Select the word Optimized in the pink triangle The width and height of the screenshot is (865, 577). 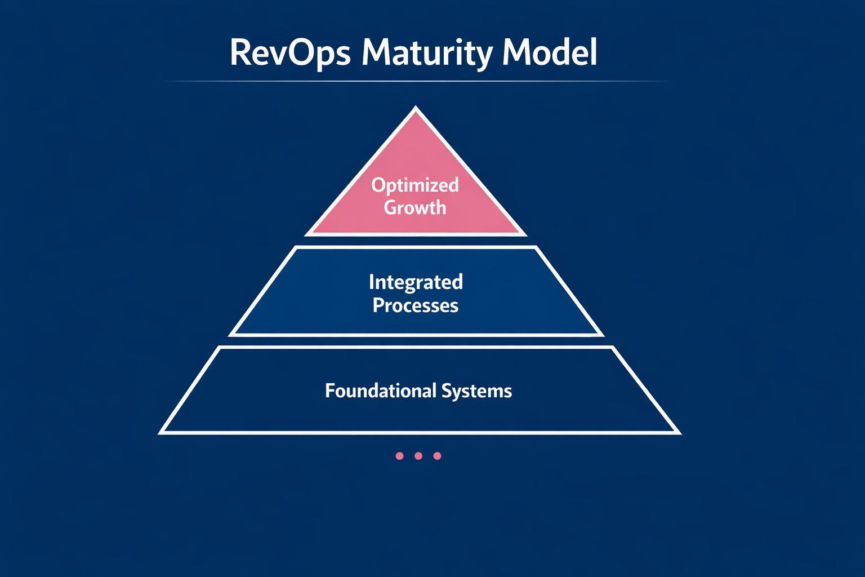[415, 185]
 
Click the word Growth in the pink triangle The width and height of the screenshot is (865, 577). [415, 207]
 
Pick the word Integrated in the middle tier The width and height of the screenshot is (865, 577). [416, 281]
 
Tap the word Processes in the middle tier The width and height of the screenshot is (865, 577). [416, 305]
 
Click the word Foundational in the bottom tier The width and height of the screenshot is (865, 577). [380, 390]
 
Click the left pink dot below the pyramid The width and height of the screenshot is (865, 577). [399, 456]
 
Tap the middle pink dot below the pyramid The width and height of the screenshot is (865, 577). [418, 456]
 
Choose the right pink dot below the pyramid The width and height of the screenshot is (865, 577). [437, 456]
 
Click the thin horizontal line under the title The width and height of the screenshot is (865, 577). [416, 82]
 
